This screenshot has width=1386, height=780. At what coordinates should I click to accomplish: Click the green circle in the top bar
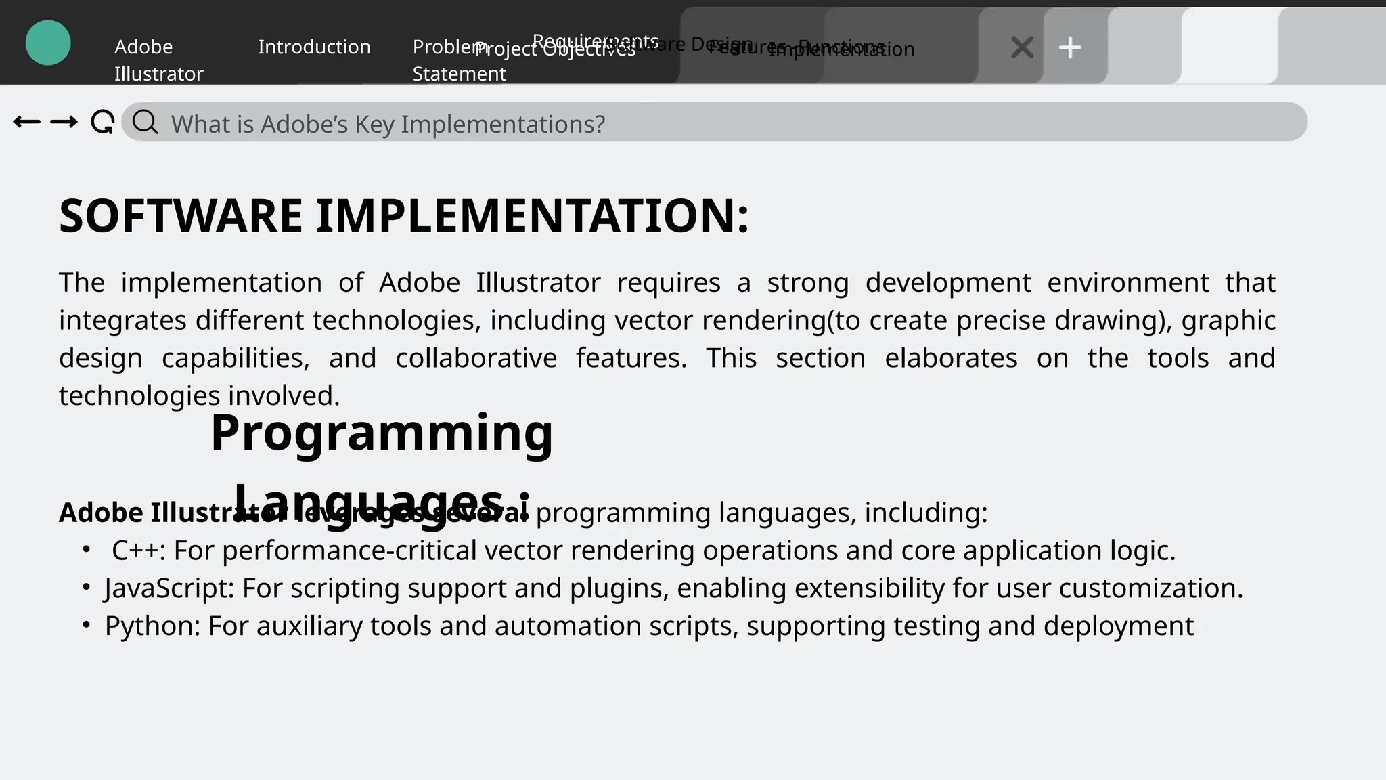[48, 43]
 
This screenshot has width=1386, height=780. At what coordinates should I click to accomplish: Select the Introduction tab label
[314, 47]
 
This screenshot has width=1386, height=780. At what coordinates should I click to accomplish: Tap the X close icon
[1022, 47]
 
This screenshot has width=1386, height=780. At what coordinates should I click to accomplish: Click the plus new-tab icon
[1070, 47]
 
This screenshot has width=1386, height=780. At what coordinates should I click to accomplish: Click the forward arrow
[64, 122]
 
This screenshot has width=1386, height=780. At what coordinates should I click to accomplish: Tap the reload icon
[102, 123]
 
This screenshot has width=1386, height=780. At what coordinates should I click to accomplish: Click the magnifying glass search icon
[145, 123]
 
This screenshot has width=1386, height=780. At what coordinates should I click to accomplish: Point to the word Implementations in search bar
[501, 125]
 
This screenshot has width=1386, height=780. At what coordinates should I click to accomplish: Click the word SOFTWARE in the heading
[181, 216]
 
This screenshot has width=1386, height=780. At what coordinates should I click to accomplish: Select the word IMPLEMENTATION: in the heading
[533, 216]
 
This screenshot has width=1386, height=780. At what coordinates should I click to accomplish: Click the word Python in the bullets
[152, 626]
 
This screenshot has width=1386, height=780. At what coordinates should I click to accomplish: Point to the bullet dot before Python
[86, 625]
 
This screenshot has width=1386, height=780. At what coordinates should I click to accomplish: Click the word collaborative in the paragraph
[476, 358]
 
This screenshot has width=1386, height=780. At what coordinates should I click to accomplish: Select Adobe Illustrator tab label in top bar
[158, 60]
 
